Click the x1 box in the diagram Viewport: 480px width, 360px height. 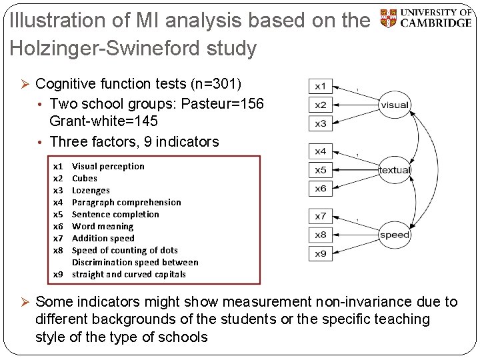point(321,87)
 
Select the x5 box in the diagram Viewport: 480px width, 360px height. point(321,170)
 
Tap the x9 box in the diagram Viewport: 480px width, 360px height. point(321,253)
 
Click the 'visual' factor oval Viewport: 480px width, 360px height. point(395,105)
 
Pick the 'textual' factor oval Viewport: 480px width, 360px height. point(395,170)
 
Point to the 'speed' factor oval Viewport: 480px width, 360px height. point(395,235)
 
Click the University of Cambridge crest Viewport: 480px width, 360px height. point(387,18)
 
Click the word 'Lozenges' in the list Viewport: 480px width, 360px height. point(91,190)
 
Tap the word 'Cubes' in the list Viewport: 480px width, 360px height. point(85,178)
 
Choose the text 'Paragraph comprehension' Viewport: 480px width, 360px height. point(126,202)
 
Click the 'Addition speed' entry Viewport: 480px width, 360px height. point(103,238)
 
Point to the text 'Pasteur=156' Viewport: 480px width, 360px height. point(225,104)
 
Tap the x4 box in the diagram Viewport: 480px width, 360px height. point(321,151)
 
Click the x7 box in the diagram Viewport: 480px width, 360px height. point(321,216)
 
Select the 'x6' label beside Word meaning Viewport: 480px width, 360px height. point(58,226)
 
